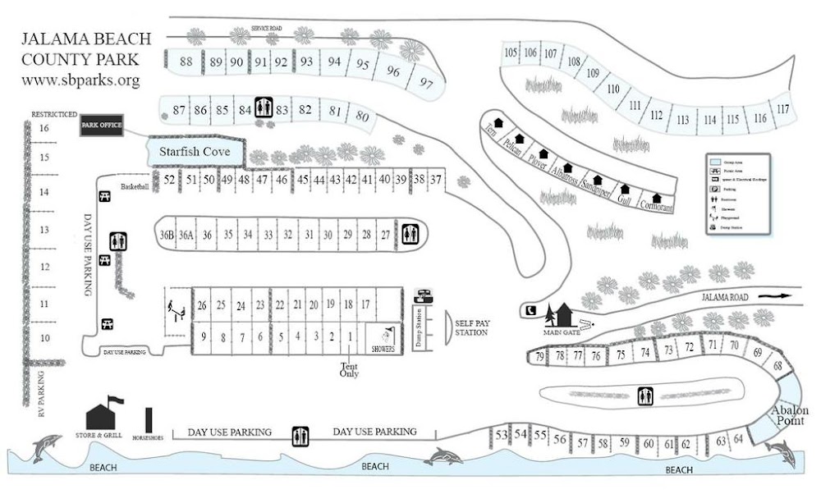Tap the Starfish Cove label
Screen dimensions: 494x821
(194, 152)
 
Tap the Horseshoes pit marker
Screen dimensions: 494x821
(148, 420)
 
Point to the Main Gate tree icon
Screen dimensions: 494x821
(563, 315)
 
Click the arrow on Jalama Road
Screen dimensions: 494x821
(773, 295)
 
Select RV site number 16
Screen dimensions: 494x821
(44, 128)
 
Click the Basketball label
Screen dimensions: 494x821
(135, 187)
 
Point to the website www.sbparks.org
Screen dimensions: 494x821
(80, 80)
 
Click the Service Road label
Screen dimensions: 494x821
(267, 29)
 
